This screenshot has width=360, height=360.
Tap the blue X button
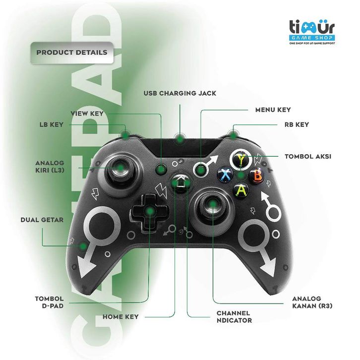click(226, 175)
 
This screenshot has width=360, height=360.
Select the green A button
click(241, 189)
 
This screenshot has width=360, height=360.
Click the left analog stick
click(120, 168)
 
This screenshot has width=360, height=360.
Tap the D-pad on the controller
click(149, 212)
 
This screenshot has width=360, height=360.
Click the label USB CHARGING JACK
click(180, 93)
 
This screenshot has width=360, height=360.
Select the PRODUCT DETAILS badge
click(71, 52)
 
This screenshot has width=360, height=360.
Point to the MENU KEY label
click(273, 110)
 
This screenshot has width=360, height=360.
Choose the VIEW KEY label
click(87, 113)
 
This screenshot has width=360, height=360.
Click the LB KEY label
click(52, 124)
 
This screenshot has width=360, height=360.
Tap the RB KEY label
click(297, 124)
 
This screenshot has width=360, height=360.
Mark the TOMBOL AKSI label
click(308, 156)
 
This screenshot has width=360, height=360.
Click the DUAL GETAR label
click(42, 220)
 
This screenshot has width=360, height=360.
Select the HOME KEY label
click(120, 316)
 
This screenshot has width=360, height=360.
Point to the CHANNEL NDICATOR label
click(234, 317)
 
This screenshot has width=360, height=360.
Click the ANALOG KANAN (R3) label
click(312, 302)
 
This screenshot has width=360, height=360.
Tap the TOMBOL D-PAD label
click(49, 302)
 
